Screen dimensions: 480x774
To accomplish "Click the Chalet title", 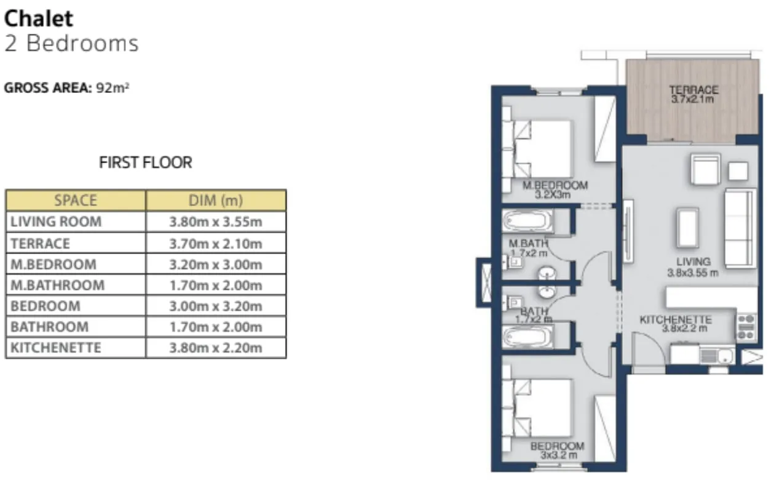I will [39, 18].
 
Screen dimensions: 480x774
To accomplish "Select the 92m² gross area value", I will [113, 88].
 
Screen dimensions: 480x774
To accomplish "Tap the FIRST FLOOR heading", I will [146, 162].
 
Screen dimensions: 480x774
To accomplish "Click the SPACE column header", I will [76, 201].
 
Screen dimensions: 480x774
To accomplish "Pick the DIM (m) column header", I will [216, 201].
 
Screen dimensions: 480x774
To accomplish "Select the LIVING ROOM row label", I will [56, 222].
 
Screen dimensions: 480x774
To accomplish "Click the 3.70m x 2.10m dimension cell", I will [216, 243].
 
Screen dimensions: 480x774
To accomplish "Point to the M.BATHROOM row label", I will [58, 285].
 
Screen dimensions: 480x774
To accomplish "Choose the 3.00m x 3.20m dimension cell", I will [216, 306].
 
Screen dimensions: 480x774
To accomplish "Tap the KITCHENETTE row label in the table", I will [56, 348].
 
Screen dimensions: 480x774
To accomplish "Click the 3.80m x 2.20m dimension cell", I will [216, 348].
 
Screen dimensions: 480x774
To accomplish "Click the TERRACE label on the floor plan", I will [693, 90].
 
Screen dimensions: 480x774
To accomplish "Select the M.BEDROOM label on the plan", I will [555, 185].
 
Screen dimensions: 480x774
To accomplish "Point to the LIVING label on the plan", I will [693, 262].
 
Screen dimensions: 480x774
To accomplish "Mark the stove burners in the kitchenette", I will [746, 327].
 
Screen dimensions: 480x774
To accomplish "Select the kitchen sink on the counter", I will [716, 355].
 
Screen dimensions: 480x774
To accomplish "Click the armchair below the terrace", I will [705, 169].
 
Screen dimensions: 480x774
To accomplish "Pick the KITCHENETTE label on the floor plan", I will [676, 320].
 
